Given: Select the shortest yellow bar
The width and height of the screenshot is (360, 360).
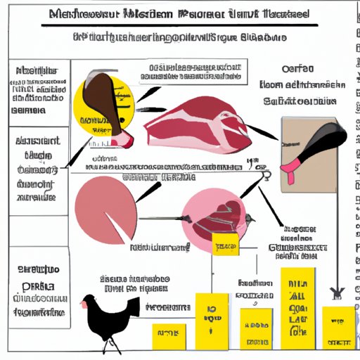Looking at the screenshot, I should (x=169, y=336).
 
